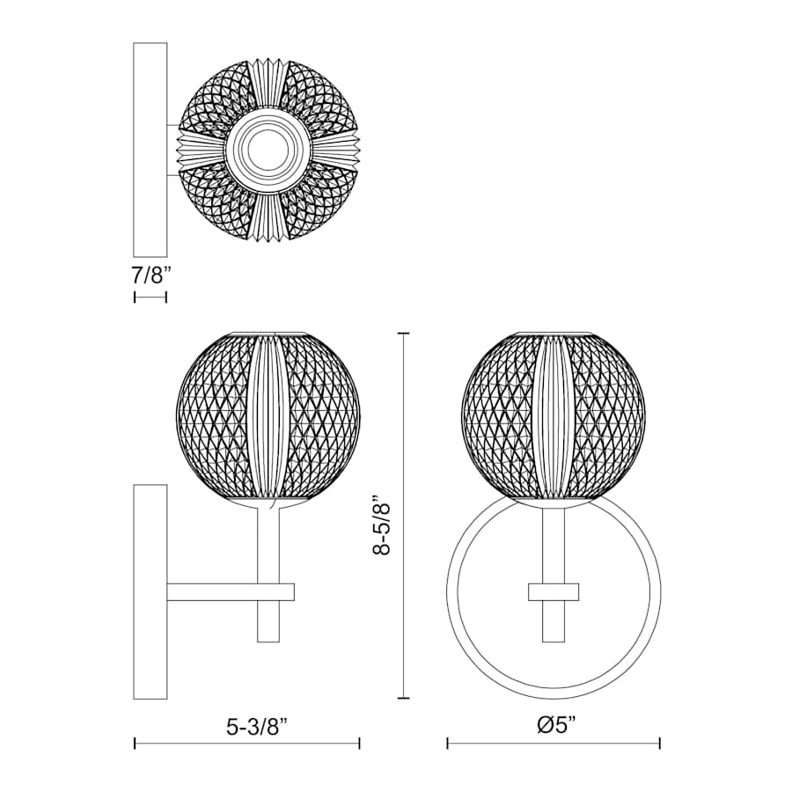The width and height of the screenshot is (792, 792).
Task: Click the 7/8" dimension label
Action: click(150, 275)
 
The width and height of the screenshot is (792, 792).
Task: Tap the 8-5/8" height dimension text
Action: click(380, 525)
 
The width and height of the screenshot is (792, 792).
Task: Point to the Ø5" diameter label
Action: click(554, 727)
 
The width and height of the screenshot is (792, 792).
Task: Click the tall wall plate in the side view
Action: click(150, 590)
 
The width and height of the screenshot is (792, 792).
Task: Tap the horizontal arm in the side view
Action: click(211, 591)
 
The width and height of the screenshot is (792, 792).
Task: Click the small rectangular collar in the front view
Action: click(554, 591)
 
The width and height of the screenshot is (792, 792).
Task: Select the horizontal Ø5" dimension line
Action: click(554, 744)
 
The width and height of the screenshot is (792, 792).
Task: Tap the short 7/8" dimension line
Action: click(150, 297)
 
